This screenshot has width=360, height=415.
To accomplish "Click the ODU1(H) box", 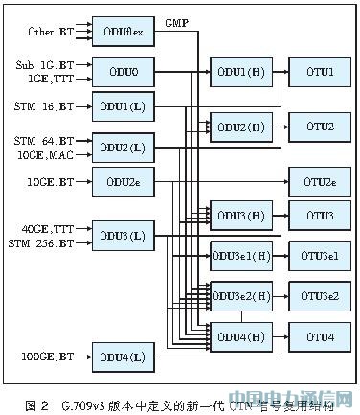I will tap(239, 72).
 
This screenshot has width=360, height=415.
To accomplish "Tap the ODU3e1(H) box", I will tap(239, 255).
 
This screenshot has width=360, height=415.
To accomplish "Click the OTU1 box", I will tap(318, 72).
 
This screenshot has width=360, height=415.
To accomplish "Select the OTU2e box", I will tap(318, 180).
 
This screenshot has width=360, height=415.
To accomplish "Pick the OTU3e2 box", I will tap(318, 295).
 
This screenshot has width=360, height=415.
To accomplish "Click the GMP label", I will tap(175, 21).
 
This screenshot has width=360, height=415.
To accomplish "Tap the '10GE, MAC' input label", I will tap(43, 153).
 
